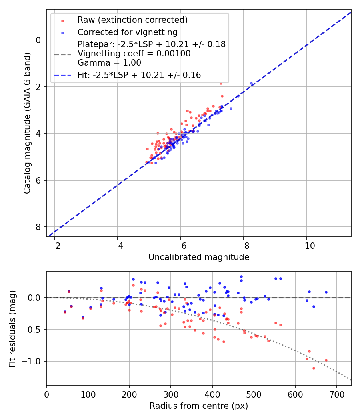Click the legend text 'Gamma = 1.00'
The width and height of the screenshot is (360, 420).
click(x=109, y=62)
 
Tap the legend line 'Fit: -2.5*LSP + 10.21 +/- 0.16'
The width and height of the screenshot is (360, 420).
click(x=139, y=75)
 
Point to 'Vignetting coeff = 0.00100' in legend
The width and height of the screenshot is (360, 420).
click(x=134, y=54)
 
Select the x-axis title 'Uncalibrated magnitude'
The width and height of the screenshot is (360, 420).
click(x=199, y=257)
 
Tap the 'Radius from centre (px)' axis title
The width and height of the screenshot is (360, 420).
click(x=199, y=406)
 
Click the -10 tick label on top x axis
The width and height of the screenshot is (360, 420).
click(x=306, y=244)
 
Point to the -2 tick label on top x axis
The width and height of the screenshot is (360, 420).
click(x=55, y=244)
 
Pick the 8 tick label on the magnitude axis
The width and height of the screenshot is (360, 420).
click(x=39, y=227)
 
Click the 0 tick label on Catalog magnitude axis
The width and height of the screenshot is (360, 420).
click(x=39, y=40)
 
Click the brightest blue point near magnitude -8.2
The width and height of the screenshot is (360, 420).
click(x=251, y=84)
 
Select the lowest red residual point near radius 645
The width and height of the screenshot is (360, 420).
click(x=314, y=368)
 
